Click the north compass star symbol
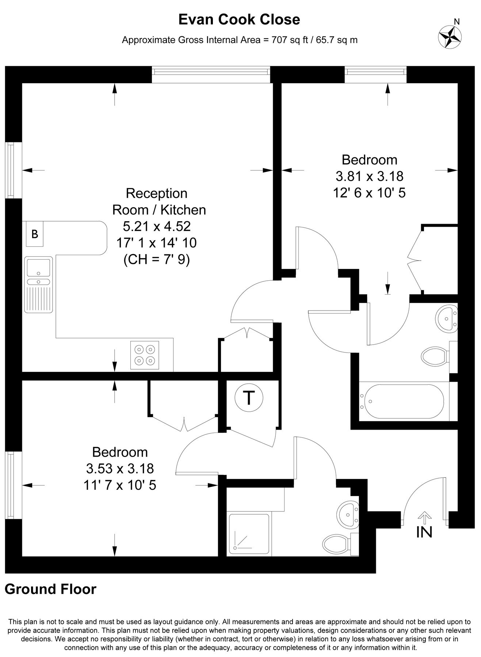[450, 36]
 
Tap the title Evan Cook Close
[239, 20]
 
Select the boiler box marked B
[35, 234]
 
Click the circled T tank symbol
[249, 397]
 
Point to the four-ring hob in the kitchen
[145, 355]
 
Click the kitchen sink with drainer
[38, 284]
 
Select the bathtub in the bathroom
[402, 401]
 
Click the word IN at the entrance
[424, 532]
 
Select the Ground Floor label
[50, 589]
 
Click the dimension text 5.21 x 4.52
[157, 226]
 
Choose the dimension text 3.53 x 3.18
[120, 468]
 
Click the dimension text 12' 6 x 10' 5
[369, 193]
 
